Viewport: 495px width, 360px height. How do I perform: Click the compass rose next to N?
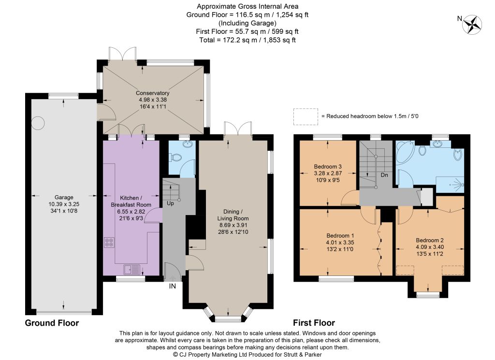pos(472,25)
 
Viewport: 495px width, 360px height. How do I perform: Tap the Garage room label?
pos(64,197)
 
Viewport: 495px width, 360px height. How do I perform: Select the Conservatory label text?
pos(152,93)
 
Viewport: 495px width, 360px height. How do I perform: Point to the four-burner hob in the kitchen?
pos(109,243)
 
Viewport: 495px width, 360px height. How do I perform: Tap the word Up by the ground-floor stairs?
pos(170,203)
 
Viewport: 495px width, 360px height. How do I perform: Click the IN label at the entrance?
pos(173,286)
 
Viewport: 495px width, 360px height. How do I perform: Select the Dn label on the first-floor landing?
pos(384,175)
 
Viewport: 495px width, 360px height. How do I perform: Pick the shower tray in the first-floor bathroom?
pos(450,185)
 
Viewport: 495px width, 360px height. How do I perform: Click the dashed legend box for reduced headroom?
pos(306,117)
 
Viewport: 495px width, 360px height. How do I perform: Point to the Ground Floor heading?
pos(52,323)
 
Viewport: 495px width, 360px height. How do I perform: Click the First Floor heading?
pos(314,323)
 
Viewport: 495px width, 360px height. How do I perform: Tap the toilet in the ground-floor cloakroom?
pos(176,157)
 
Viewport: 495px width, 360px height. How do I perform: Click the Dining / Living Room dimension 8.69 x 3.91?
pos(233,225)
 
